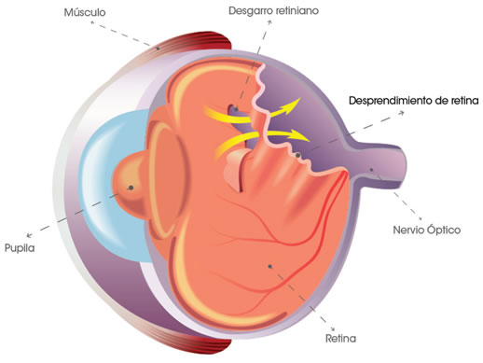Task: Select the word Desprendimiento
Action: click(385, 99)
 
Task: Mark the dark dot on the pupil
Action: click(131, 188)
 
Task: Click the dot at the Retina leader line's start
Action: click(269, 266)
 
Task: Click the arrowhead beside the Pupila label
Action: click(31, 232)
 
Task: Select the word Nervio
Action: click(413, 229)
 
